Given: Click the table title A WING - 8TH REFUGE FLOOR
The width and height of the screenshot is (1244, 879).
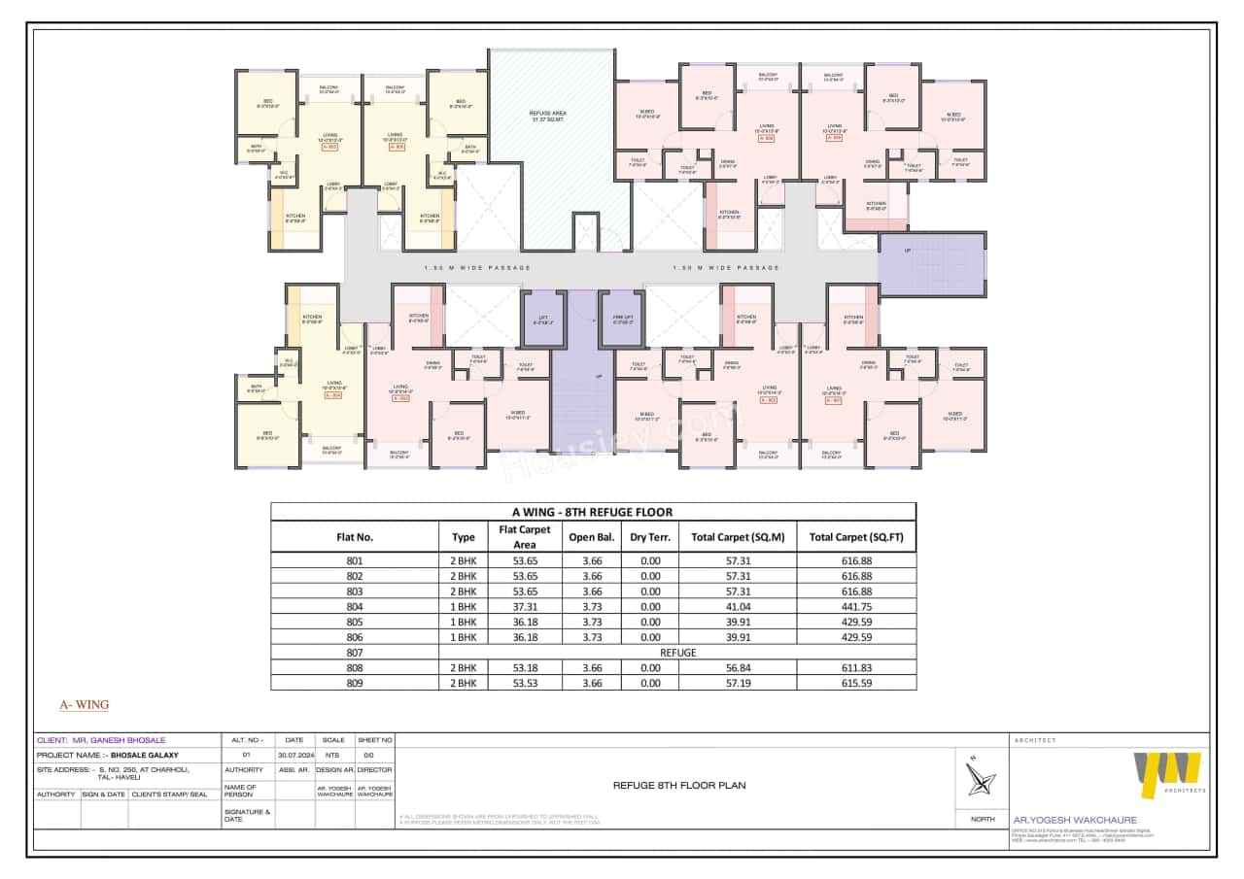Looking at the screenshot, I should click(592, 512).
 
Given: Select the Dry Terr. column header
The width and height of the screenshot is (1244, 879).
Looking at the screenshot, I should click(645, 536).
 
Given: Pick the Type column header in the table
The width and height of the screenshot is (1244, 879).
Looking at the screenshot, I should click(464, 536).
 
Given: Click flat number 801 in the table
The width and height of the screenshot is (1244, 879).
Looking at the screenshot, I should click(354, 560).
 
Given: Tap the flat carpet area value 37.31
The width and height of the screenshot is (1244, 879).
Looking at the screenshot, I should click(524, 606).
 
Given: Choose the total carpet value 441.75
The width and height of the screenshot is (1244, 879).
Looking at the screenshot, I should click(855, 606).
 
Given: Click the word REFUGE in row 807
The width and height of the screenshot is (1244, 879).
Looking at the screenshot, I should click(677, 653).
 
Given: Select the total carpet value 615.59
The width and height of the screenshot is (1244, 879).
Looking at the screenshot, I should click(855, 683).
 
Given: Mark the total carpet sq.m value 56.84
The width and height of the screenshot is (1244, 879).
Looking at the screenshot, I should click(737, 667).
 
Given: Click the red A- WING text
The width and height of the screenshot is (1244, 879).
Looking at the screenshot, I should click(85, 705).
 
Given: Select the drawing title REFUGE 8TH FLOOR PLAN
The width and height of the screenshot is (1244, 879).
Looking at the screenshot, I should click(678, 785).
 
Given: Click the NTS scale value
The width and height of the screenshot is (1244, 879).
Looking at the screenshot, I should click(333, 754).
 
